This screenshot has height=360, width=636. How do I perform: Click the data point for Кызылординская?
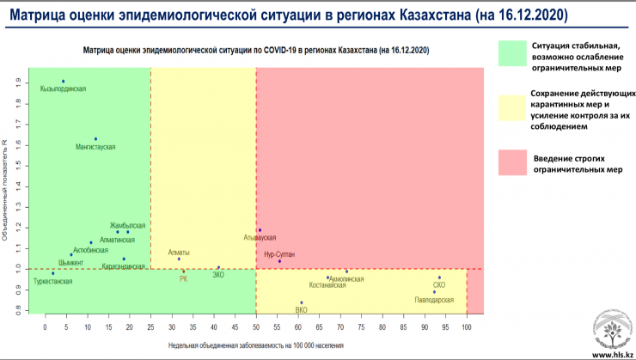point(63,81)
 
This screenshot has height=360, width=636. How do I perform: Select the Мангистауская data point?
point(95,138)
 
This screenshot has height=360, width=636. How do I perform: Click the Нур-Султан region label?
point(280,253)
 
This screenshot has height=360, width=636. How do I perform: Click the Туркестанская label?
point(53,281)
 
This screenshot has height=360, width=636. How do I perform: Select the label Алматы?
point(179,253)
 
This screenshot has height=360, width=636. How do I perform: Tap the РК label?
point(183,278)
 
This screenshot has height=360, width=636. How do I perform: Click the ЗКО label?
point(218,275)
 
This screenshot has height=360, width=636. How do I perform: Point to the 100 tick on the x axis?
point(467,327)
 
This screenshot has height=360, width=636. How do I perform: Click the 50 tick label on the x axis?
point(256,327)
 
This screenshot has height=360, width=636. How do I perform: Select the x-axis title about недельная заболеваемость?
point(256,345)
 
